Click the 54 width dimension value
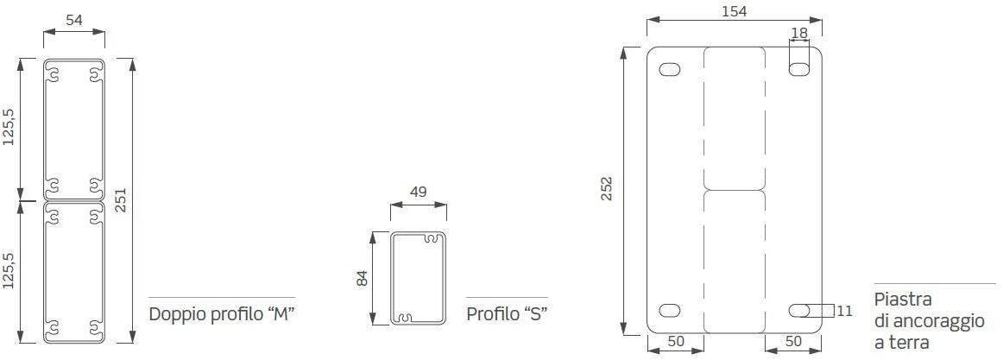[x=74, y=20]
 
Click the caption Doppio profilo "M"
[x=223, y=313]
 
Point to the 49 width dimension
[x=418, y=192]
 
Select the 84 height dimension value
[x=363, y=278]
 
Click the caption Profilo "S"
[x=508, y=313]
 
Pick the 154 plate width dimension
[x=734, y=11]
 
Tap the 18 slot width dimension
[x=799, y=33]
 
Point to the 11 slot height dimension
[x=844, y=310]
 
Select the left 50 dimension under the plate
[x=675, y=341]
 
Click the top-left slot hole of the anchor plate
[x=670, y=69]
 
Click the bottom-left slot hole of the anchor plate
[x=670, y=311]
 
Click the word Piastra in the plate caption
[x=902, y=300]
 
